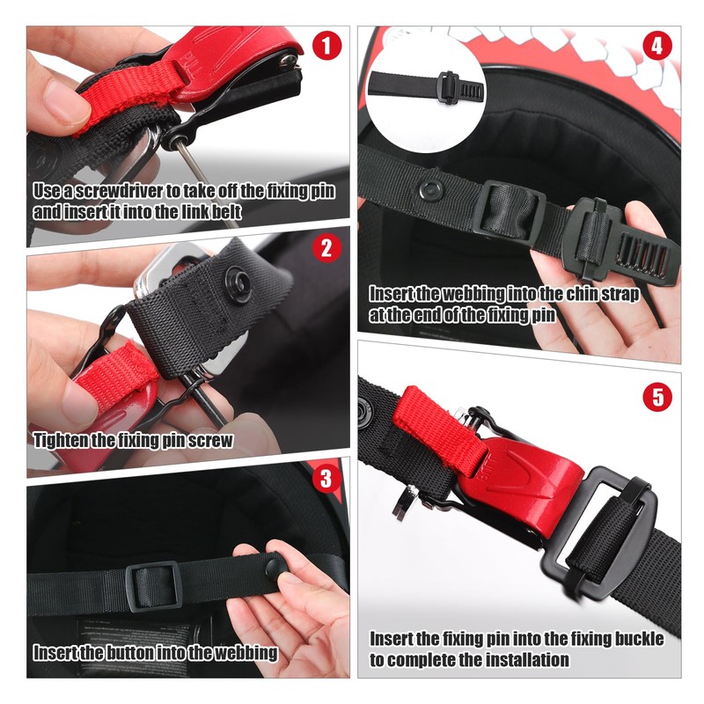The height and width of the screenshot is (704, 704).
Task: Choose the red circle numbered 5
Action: click(x=656, y=396)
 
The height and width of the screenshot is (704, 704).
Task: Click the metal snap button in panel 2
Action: click(x=238, y=282)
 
